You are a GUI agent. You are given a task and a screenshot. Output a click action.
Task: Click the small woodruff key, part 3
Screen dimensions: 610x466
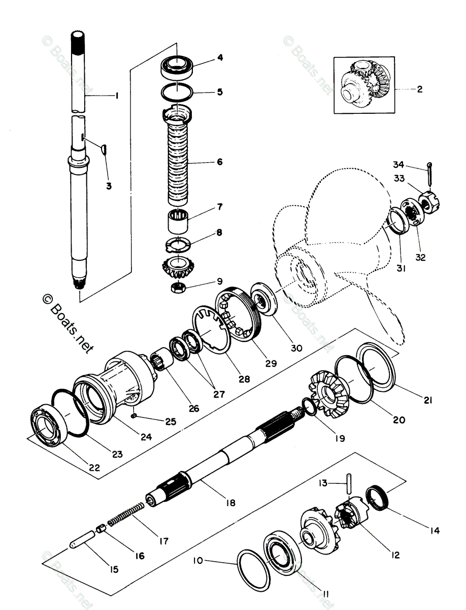tap(103, 148)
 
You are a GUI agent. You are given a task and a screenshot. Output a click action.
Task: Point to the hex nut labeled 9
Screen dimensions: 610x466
tap(178, 288)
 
